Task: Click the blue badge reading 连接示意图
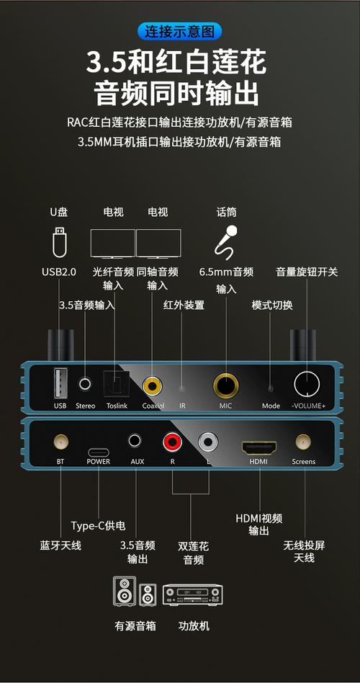pos(179,32)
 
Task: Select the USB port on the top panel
pos(60,381)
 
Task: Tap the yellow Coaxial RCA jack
pos(153,386)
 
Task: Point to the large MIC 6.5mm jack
pos(226,385)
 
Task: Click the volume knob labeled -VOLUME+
pos(308,385)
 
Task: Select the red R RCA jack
pos(172,440)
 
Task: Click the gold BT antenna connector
pos(60,441)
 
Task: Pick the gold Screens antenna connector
pos(302,441)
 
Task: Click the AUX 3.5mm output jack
pos(136,440)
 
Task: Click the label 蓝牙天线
pos(60,545)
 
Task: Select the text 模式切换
pos(271,305)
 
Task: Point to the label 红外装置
pos(184,305)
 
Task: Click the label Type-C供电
pos(98,525)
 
